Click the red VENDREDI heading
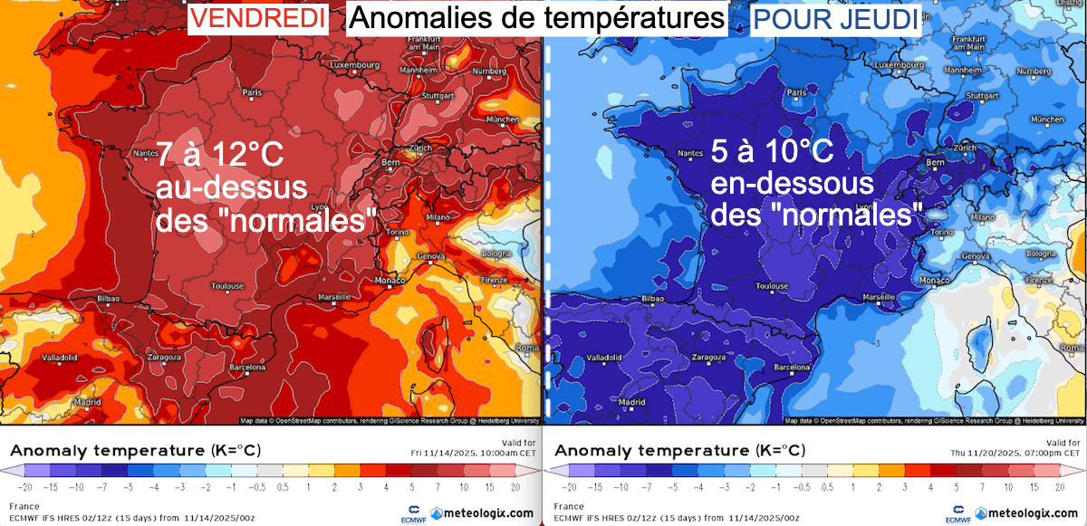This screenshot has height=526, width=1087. [x=256, y=18]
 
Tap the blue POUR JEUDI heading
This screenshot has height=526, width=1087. [x=835, y=18]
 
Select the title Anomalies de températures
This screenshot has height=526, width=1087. [x=537, y=18]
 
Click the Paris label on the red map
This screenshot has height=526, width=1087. [x=252, y=92]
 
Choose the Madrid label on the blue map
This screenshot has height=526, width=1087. [x=630, y=401]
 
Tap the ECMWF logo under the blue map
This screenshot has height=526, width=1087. [x=957, y=513]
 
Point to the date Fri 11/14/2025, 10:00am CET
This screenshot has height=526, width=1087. [x=477, y=452]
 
